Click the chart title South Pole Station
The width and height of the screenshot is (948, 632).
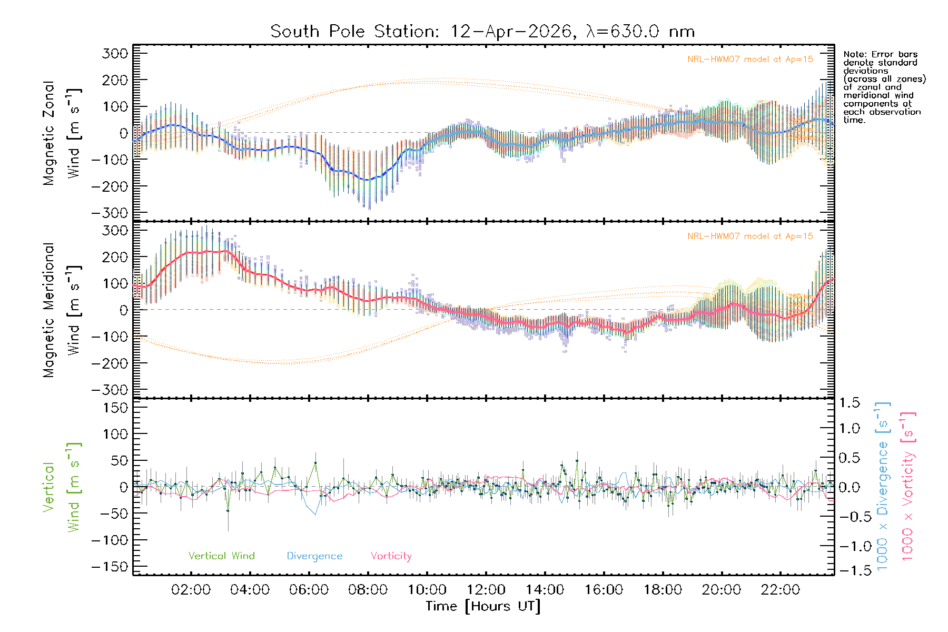482,32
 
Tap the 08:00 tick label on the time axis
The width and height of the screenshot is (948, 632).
368,590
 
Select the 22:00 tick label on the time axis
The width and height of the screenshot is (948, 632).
780,590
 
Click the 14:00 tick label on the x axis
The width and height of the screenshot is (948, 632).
545,590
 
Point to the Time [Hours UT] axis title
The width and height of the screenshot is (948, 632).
483,606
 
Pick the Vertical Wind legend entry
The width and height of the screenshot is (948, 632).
221,556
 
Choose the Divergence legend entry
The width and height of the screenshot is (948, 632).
314,556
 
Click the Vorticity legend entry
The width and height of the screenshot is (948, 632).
391,556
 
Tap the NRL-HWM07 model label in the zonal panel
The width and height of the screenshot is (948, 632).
750,60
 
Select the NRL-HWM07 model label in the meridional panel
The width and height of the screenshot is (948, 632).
750,236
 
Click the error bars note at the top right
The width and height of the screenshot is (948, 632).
884,87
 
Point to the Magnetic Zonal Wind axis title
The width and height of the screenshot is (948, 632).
62,133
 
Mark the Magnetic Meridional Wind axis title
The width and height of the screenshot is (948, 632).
62,310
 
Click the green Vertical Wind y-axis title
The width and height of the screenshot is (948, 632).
62,487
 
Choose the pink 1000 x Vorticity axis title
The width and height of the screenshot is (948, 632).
908,487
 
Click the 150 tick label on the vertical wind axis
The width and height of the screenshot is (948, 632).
115,408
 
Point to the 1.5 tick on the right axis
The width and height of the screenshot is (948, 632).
849,403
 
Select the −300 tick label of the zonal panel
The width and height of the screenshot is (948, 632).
110,213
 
